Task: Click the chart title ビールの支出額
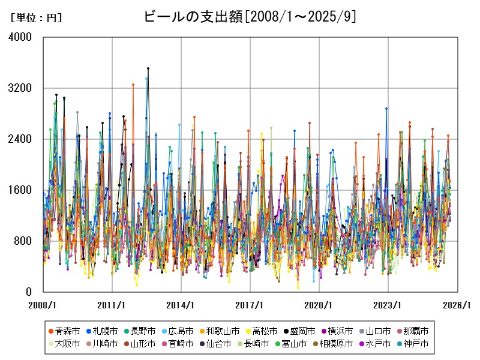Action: pyautogui.click(x=250, y=17)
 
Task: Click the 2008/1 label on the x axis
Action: pyautogui.click(x=43, y=305)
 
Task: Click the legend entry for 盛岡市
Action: pyautogui.click(x=298, y=331)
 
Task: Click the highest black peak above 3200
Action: pyautogui.click(x=148, y=68)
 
